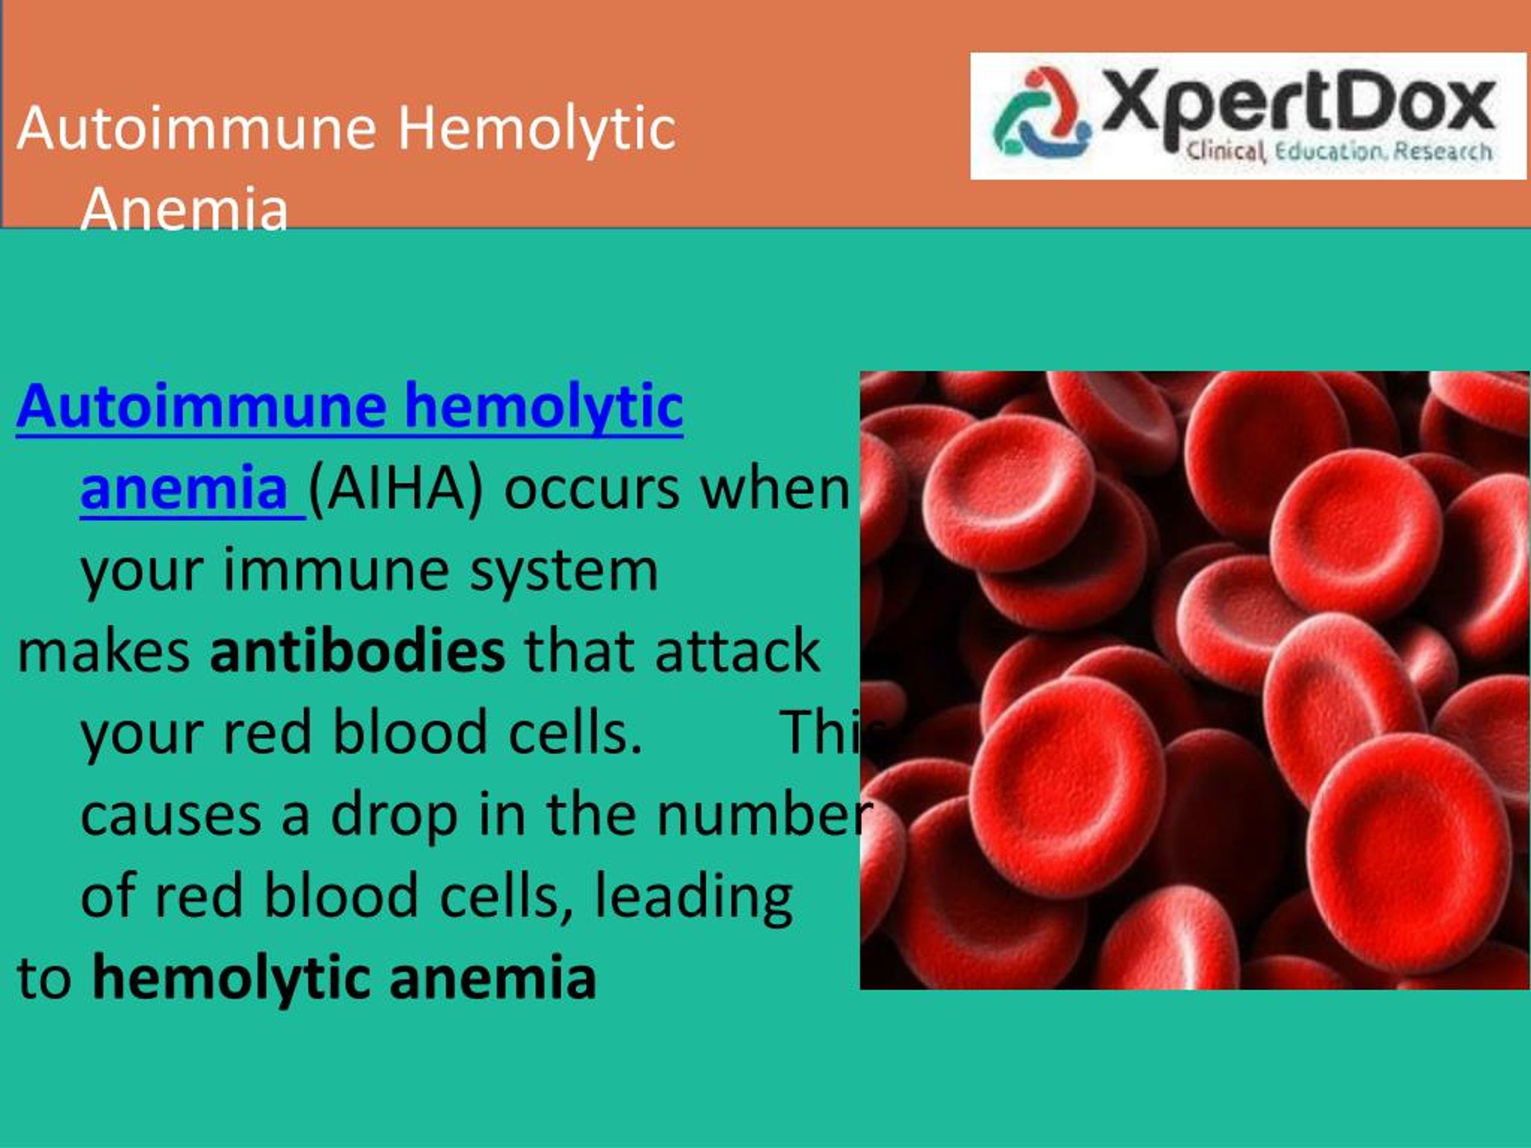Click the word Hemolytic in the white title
click(x=536, y=129)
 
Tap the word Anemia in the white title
click(x=184, y=207)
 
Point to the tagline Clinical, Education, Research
click(x=1339, y=151)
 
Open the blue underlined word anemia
click(x=184, y=489)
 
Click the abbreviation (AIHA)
click(x=396, y=489)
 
